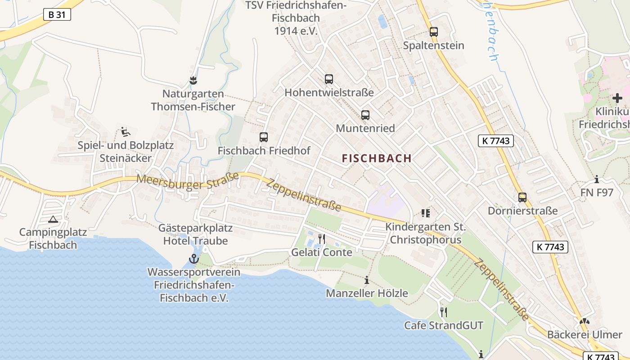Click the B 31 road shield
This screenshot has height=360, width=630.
(x=57, y=14)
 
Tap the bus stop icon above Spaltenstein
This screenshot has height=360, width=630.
(x=434, y=32)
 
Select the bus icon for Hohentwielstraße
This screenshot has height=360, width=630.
(x=329, y=79)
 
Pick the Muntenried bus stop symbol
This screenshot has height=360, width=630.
(x=365, y=115)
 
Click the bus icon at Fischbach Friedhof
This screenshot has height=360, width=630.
(x=264, y=137)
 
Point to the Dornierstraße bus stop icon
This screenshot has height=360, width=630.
(x=522, y=198)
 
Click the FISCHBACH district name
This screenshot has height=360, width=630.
(x=377, y=158)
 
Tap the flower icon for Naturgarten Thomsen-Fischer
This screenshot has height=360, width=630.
(x=193, y=81)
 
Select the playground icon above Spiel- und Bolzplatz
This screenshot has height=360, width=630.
(x=126, y=132)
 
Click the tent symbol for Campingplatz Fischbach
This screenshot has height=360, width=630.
(x=53, y=220)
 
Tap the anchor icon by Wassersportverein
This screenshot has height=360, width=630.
(x=194, y=259)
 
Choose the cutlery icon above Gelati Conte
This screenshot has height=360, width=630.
(x=322, y=238)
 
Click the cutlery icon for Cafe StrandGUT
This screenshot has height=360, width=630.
(x=444, y=312)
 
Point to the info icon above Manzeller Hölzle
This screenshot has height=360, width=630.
(x=367, y=280)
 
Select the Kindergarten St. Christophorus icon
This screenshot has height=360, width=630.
(x=426, y=213)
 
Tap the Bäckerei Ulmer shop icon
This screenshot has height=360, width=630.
(x=585, y=322)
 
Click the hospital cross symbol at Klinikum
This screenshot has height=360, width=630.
(x=617, y=98)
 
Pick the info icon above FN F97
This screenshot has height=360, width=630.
(x=597, y=179)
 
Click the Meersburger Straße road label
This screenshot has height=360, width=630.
(x=188, y=181)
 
